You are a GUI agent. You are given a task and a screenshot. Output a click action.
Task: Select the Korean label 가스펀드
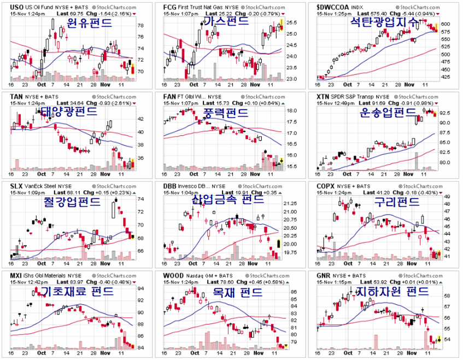tap(226, 21)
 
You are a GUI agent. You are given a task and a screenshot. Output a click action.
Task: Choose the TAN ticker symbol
tap(17, 96)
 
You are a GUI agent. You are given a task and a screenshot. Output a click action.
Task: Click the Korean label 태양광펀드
tap(68, 112)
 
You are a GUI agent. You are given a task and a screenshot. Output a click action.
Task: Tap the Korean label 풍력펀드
tap(226, 113)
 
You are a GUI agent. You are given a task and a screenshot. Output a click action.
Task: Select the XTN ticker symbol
tap(324, 96)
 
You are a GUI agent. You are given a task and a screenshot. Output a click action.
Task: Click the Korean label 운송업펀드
tap(388, 113)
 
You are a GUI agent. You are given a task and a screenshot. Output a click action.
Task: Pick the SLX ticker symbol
tap(17, 186)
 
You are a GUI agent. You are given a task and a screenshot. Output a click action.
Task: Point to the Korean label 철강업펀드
tap(72, 202)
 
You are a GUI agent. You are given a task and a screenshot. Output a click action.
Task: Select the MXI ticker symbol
tap(17, 275)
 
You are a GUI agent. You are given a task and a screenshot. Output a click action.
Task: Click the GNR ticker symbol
tap(325, 275)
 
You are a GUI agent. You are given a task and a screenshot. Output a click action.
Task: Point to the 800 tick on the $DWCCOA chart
tap(446, 24)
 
